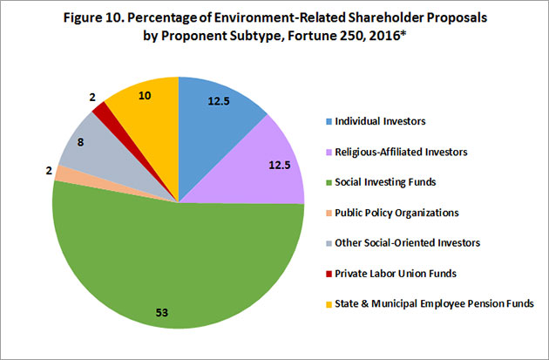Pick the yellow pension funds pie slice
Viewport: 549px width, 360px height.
click(148, 113)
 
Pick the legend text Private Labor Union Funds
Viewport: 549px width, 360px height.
click(394, 273)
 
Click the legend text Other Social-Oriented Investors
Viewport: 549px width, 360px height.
click(406, 243)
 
